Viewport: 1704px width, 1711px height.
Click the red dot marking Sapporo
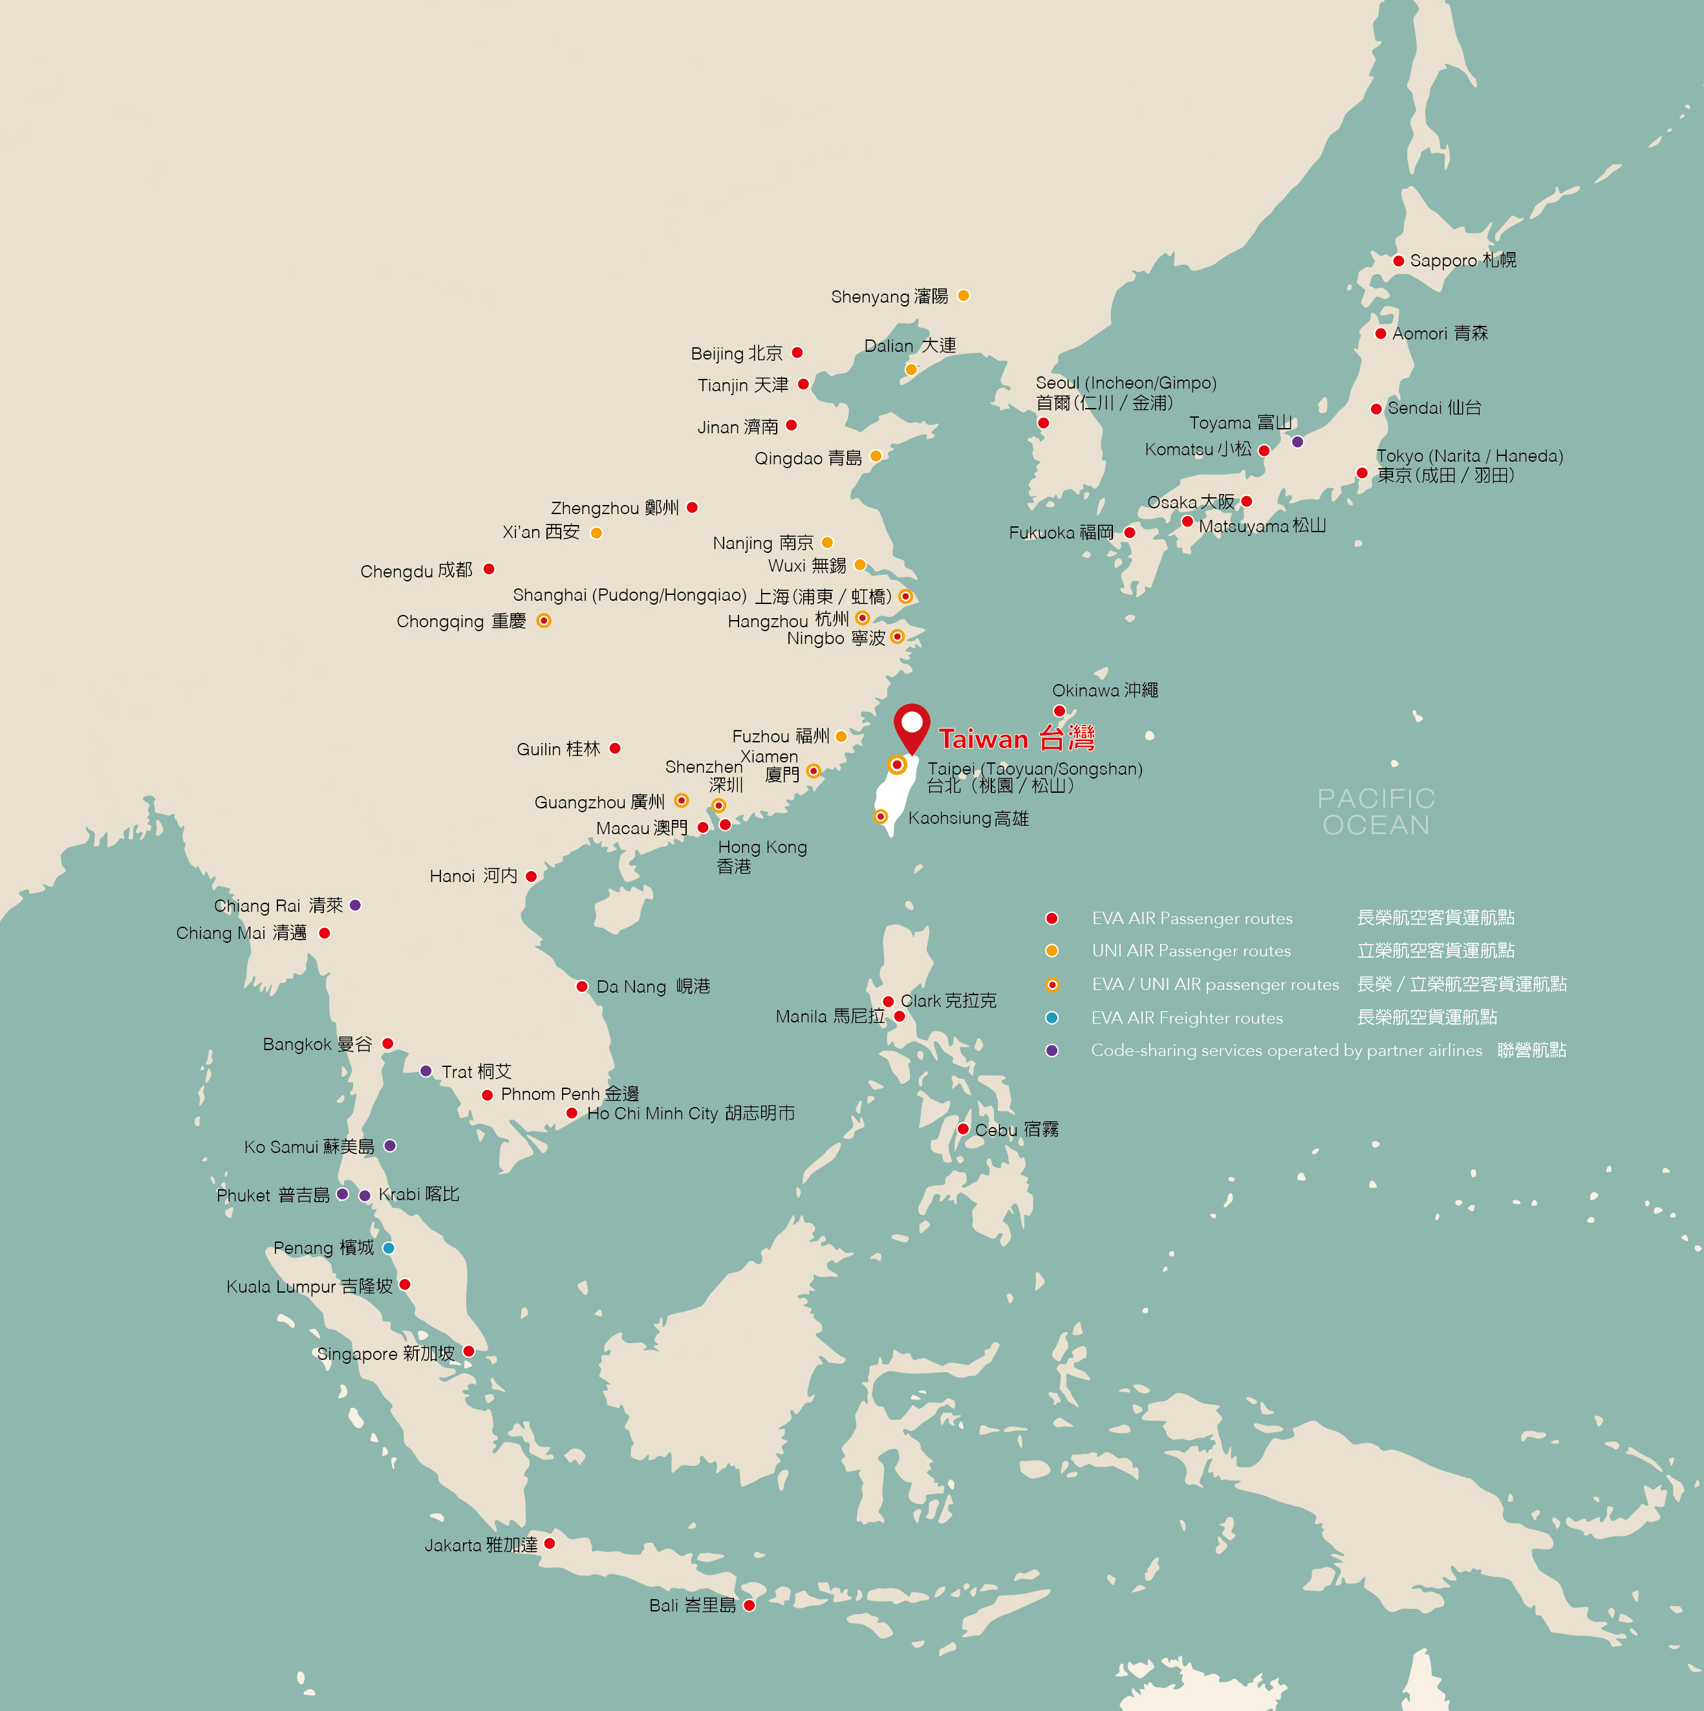1397,261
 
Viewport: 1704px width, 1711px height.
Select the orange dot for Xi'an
596,533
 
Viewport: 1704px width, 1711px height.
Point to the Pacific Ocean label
1375,812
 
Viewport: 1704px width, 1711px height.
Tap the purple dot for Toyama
1297,442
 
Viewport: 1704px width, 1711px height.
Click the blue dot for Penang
388,1248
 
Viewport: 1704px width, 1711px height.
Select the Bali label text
692,1606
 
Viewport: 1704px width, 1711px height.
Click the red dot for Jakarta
549,1544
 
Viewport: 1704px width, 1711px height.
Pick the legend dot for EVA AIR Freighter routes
1052,1018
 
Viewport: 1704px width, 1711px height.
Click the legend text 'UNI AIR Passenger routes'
1191,951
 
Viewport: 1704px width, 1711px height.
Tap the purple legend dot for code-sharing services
1052,1050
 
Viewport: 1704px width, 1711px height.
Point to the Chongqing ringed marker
544,621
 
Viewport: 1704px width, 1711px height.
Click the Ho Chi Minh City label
691,1114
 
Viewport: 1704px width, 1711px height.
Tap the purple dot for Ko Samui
390,1146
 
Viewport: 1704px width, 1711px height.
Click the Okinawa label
1105,690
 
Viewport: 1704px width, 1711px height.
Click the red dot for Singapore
468,1351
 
